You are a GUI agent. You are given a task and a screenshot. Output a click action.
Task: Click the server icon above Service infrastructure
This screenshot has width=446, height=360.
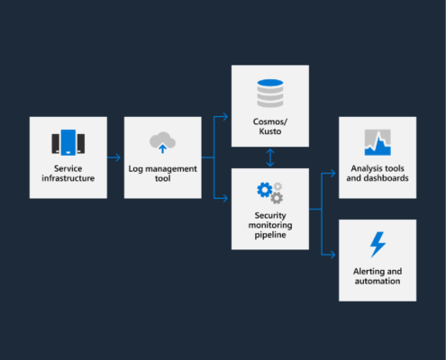tap(68, 142)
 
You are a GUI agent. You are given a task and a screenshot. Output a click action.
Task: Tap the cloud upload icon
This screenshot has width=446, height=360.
tap(162, 142)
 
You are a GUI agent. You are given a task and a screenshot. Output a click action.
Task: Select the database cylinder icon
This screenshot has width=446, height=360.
tap(270, 94)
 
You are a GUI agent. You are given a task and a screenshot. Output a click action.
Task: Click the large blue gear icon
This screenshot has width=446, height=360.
tap(265, 190)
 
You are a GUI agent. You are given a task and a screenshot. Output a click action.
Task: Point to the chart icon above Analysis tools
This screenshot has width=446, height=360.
tap(378, 142)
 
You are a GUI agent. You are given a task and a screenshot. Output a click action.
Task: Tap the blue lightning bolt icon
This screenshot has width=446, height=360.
tap(378, 245)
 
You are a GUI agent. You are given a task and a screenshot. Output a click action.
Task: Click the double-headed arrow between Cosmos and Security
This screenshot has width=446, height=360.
tap(270, 157)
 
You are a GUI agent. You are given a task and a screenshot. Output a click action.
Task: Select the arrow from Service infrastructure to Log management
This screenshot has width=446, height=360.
tap(114, 157)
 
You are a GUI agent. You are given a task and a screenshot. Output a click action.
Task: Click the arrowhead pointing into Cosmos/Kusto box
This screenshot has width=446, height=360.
tap(224, 117)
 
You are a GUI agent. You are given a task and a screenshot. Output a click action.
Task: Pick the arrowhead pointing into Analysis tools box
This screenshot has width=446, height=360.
tap(332, 173)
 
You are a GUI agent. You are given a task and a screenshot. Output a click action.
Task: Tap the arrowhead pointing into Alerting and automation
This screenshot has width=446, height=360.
tap(332, 255)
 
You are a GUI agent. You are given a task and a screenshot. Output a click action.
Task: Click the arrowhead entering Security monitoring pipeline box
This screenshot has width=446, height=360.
tap(224, 198)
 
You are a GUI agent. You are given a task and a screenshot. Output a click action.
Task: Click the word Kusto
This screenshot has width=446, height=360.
tap(270, 131)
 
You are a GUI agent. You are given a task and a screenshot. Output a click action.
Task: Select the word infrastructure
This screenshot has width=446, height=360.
tap(68, 178)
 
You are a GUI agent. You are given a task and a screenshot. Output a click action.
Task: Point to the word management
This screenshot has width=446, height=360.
tap(171, 169)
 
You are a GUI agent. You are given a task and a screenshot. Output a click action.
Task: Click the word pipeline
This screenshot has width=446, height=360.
tap(270, 235)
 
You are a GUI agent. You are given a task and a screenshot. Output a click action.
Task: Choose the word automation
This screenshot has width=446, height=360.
tap(378, 281)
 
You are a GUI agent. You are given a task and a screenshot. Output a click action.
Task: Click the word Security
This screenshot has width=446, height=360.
tap(270, 216)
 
